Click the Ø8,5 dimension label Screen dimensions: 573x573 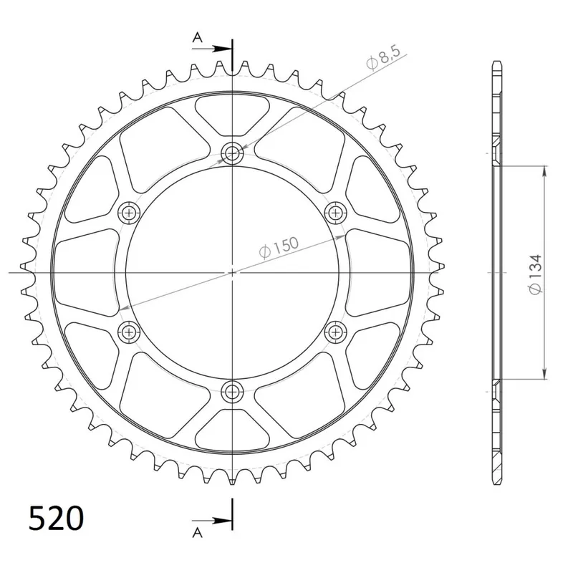(x=383, y=57)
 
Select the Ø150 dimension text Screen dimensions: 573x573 (x=279, y=248)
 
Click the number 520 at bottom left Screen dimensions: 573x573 (x=57, y=518)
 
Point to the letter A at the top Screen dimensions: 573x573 (x=198, y=37)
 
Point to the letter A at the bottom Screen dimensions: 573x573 (x=198, y=532)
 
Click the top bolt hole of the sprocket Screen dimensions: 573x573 (x=232, y=153)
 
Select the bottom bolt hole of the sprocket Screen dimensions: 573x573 (x=232, y=392)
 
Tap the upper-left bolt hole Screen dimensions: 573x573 (x=129, y=212)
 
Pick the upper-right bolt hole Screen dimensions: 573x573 (x=335, y=212)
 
